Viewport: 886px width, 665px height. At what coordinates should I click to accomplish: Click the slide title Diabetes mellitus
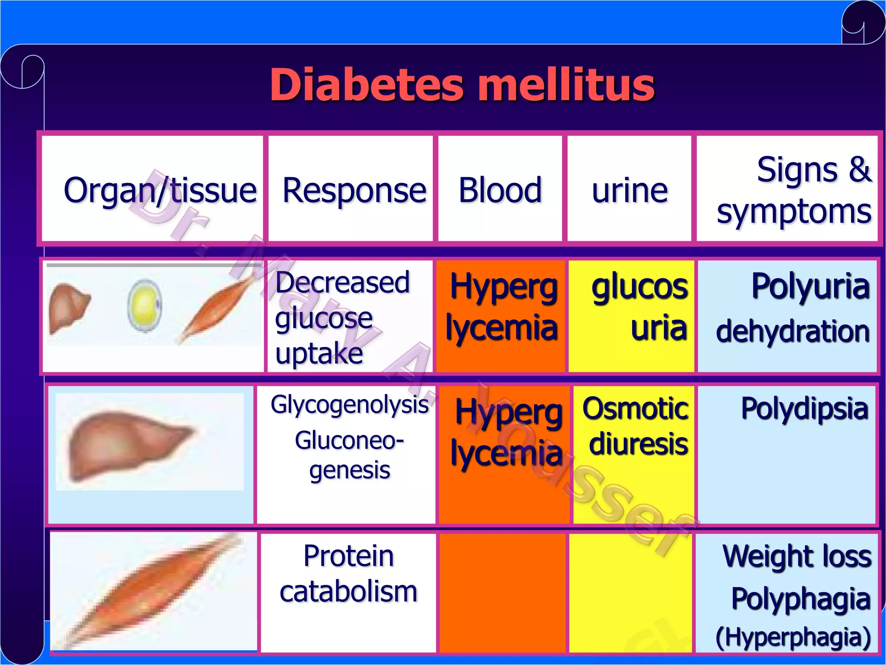tap(462, 85)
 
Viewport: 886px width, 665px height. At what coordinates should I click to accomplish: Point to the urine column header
tap(629, 190)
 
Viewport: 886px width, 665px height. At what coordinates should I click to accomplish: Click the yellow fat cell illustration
tap(145, 305)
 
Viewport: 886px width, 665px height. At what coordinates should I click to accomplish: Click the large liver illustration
tap(130, 444)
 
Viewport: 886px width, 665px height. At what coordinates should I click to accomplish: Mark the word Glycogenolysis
tap(350, 405)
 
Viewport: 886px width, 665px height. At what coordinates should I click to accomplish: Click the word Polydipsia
tap(805, 408)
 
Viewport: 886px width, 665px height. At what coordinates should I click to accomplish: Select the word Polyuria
tap(810, 286)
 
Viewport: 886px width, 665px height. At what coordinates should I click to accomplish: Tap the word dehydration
tap(793, 331)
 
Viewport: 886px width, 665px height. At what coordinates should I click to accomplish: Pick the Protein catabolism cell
tap(348, 574)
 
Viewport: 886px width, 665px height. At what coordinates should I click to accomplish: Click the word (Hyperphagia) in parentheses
tap(793, 637)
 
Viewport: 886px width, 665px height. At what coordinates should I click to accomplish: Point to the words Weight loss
tap(797, 556)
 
